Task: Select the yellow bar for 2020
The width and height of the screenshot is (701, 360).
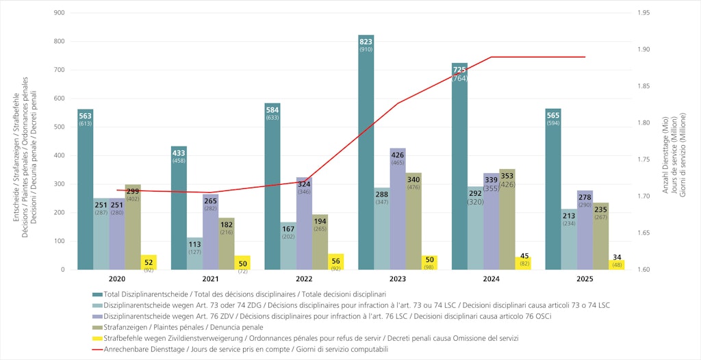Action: pos(149,262)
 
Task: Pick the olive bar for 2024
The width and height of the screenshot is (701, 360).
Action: pos(507,219)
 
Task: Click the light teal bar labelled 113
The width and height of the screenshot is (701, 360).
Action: pos(194,253)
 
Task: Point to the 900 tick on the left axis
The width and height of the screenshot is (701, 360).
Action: pos(59,13)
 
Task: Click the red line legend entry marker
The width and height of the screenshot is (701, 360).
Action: pos(97,349)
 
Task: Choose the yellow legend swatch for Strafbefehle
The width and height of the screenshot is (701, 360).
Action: pos(97,338)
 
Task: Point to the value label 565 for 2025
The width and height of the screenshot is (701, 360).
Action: pos(553,115)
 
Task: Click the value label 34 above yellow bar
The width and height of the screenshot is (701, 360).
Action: pos(617,257)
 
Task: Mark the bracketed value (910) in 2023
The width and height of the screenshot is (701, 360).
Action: pos(366,50)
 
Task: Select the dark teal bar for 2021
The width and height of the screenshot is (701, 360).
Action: pos(179,208)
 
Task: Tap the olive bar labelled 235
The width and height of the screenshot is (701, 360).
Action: pos(601,236)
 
